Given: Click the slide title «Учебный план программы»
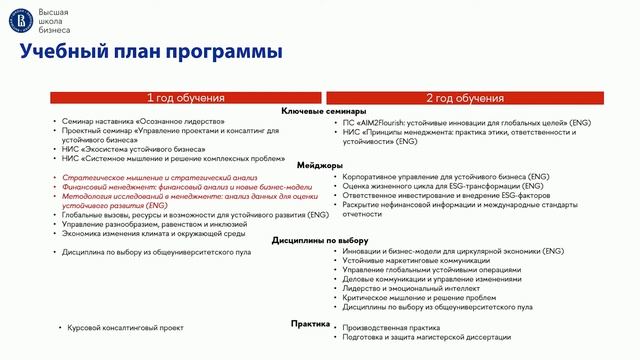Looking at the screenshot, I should coord(151,53).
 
